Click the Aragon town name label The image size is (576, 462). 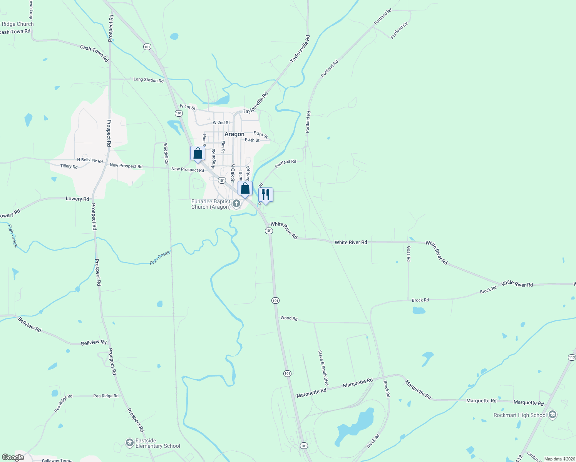point(234,134)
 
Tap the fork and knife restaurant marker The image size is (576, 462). point(266,195)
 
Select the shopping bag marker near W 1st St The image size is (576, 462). point(198,153)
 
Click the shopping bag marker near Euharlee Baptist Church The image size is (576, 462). point(245,189)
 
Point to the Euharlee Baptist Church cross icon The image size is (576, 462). point(236,204)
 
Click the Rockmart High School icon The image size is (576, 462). point(553,415)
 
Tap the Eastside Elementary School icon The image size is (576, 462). point(130,443)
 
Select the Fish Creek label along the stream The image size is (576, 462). point(160,258)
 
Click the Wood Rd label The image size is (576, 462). point(289,318)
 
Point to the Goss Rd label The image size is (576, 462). point(409,254)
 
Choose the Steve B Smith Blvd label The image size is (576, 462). point(323,368)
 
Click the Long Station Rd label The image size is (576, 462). point(148,80)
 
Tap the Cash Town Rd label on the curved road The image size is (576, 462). point(94,53)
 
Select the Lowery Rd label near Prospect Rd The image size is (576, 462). point(77,199)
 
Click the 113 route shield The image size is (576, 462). point(571,357)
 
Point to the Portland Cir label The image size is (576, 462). point(399,30)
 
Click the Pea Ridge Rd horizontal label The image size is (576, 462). point(106,396)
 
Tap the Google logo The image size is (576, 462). point(13,457)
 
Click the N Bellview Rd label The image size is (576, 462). point(90,160)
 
